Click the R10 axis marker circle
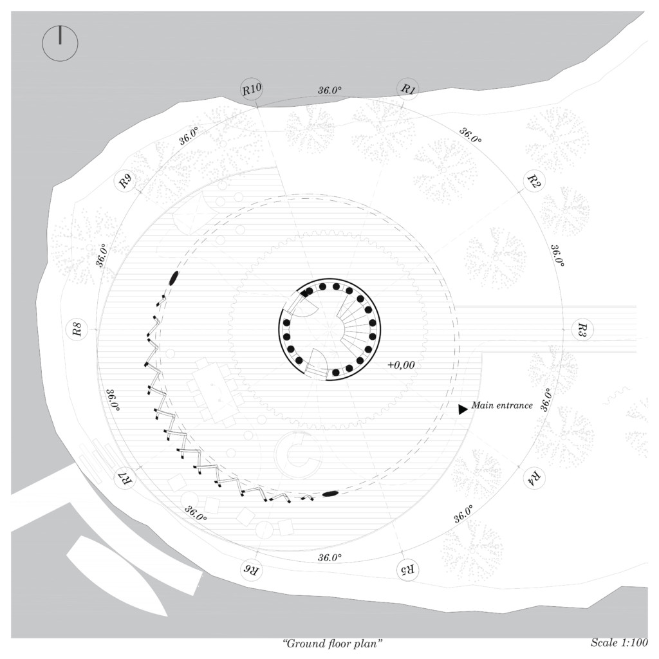252,89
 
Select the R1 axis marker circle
407,89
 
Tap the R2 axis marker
533,181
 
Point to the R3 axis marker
580,330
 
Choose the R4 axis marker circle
534,478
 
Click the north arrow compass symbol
60,44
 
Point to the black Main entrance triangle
462,409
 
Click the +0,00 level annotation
401,365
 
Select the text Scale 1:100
618,643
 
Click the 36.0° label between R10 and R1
329,90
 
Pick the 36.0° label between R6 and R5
329,557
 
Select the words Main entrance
502,405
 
